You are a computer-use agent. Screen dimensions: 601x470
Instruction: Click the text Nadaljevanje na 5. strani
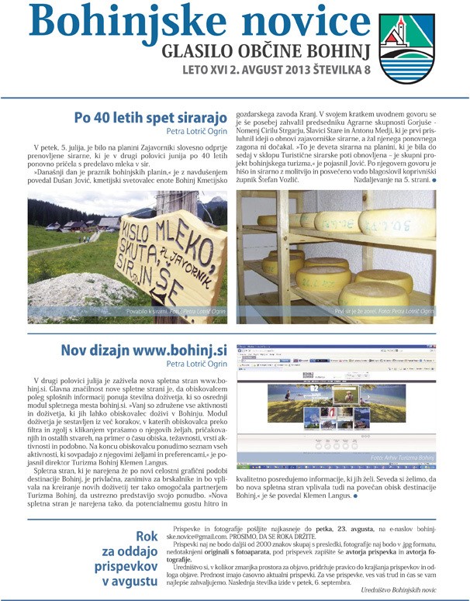click(385, 202)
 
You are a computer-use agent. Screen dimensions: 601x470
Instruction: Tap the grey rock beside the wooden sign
click(85, 295)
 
